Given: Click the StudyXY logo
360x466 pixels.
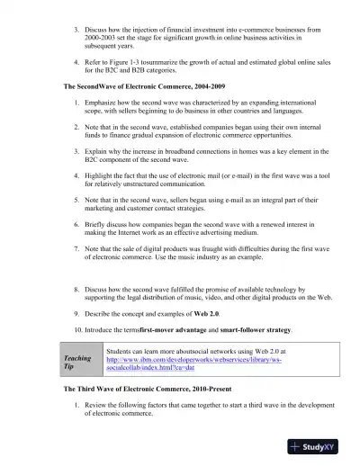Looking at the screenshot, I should tap(322, 446).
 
